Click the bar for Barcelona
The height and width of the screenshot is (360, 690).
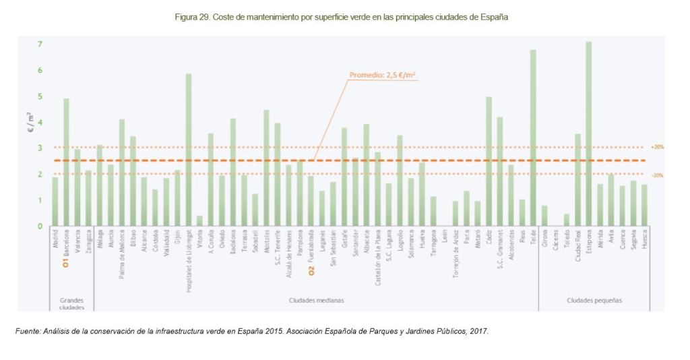click(66, 162)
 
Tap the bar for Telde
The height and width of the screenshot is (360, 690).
click(533, 138)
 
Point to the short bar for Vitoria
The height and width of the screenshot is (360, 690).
click(199, 220)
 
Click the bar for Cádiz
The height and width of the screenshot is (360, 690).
click(489, 161)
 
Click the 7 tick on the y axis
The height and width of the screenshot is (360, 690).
click(40, 44)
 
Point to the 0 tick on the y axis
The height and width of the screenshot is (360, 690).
click(40, 227)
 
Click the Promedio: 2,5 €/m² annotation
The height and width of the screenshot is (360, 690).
click(383, 76)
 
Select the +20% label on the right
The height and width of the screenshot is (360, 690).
click(657, 147)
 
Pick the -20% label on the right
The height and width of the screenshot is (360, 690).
click(657, 175)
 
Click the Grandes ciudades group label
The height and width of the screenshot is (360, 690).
click(71, 303)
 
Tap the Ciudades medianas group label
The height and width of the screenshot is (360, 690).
click(316, 300)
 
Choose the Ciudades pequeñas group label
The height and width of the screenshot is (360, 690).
click(594, 300)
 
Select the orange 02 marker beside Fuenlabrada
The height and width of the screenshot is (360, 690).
click(311, 271)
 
